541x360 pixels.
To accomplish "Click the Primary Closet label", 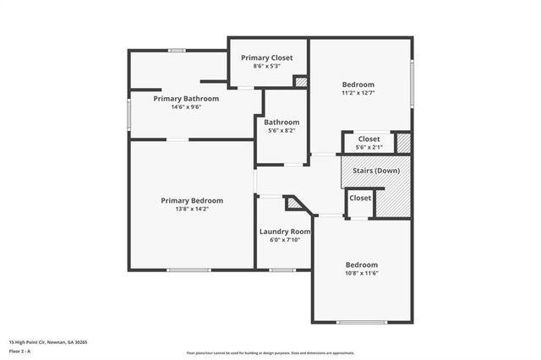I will [266, 57].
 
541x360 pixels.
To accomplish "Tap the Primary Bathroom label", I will [186, 99].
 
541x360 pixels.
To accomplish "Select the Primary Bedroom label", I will [192, 200].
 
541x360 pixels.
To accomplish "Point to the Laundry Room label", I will [284, 232].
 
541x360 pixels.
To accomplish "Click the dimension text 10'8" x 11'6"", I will [360, 273].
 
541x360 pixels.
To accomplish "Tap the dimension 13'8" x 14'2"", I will [192, 209].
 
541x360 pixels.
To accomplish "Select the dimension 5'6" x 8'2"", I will [281, 130].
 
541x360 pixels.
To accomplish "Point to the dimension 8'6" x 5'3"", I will [266, 66].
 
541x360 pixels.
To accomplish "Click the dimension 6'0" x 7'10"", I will [284, 240].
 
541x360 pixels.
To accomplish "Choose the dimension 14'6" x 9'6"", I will [186, 107].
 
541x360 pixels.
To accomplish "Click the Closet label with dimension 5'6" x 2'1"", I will [369, 139].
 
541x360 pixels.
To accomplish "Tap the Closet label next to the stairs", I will [360, 198].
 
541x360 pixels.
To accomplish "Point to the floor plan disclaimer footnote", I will [270, 352].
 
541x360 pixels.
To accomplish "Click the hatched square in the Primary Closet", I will [300, 81].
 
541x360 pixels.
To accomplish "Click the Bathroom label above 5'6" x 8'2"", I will [281, 122].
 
